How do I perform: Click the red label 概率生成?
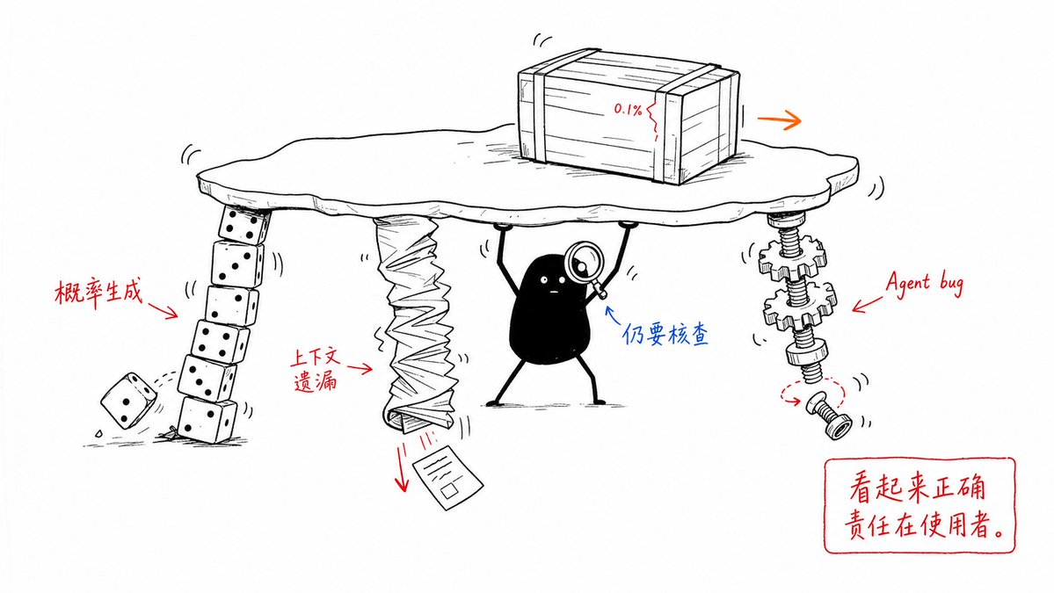click(x=98, y=293)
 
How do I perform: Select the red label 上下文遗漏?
click(x=316, y=369)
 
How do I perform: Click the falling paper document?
click(x=447, y=475)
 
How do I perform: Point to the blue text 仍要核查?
click(x=665, y=334)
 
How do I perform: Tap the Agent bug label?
click(x=924, y=282)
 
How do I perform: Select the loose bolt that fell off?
click(x=830, y=416)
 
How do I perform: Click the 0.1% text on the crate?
click(x=627, y=109)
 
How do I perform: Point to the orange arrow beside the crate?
click(x=779, y=120)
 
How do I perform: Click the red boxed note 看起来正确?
click(x=917, y=486)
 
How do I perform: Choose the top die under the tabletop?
click(x=244, y=225)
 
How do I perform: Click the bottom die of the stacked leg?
click(x=207, y=419)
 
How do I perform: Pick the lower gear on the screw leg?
click(x=800, y=307)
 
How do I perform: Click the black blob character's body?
click(x=549, y=309)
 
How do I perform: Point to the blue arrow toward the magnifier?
click(x=614, y=316)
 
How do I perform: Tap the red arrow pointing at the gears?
click(x=868, y=304)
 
